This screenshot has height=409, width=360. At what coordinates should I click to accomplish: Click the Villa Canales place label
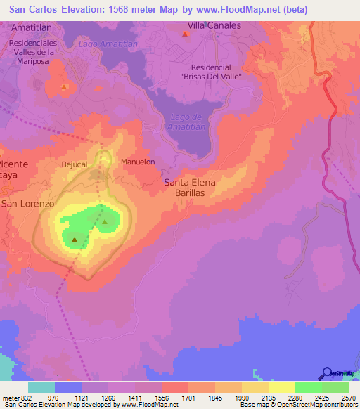214,25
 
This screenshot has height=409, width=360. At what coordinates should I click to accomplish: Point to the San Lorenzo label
27,203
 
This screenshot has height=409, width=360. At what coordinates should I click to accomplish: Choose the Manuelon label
138,162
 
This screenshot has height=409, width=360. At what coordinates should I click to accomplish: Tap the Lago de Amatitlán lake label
186,122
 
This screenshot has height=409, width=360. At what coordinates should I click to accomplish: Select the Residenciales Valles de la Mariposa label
41,51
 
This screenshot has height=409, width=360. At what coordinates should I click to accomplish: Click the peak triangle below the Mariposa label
64,87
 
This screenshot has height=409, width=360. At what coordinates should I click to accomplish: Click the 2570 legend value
349,398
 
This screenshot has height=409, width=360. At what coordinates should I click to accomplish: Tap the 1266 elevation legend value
109,398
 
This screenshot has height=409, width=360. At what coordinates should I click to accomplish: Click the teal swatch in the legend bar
41,387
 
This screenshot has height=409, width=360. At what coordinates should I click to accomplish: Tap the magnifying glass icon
326,373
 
